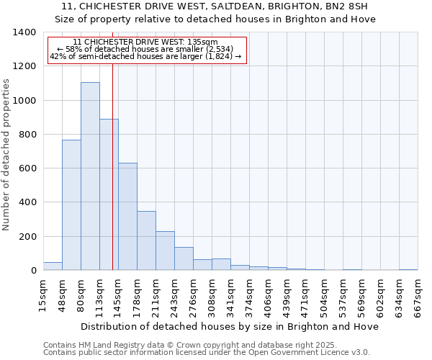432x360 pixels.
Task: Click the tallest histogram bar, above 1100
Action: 90,176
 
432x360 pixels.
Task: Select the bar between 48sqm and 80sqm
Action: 71,205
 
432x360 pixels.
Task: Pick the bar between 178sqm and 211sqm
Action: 146,240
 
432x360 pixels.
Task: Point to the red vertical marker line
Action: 113,166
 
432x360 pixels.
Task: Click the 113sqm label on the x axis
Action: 100,294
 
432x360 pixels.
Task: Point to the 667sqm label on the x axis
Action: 418,294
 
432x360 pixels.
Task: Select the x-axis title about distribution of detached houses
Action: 230,327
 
